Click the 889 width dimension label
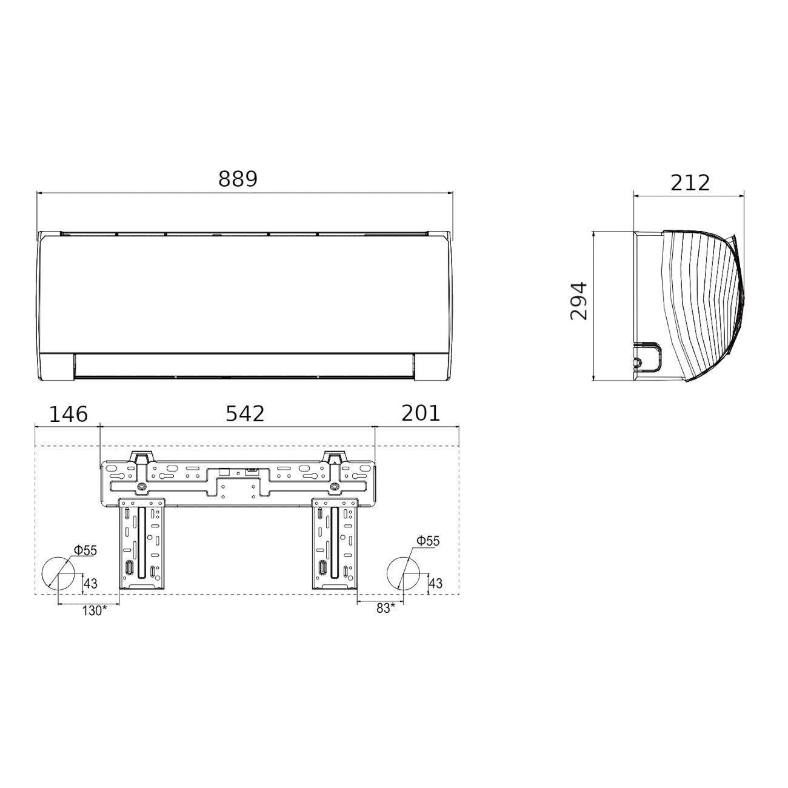[x=238, y=179]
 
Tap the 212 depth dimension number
[x=690, y=183]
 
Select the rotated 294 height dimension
[x=579, y=301]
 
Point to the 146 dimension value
[x=68, y=414]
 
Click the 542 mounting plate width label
[x=245, y=414]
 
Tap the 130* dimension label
[x=95, y=611]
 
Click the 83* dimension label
[x=386, y=609]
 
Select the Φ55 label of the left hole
[x=85, y=551]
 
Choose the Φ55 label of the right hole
[x=428, y=541]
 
